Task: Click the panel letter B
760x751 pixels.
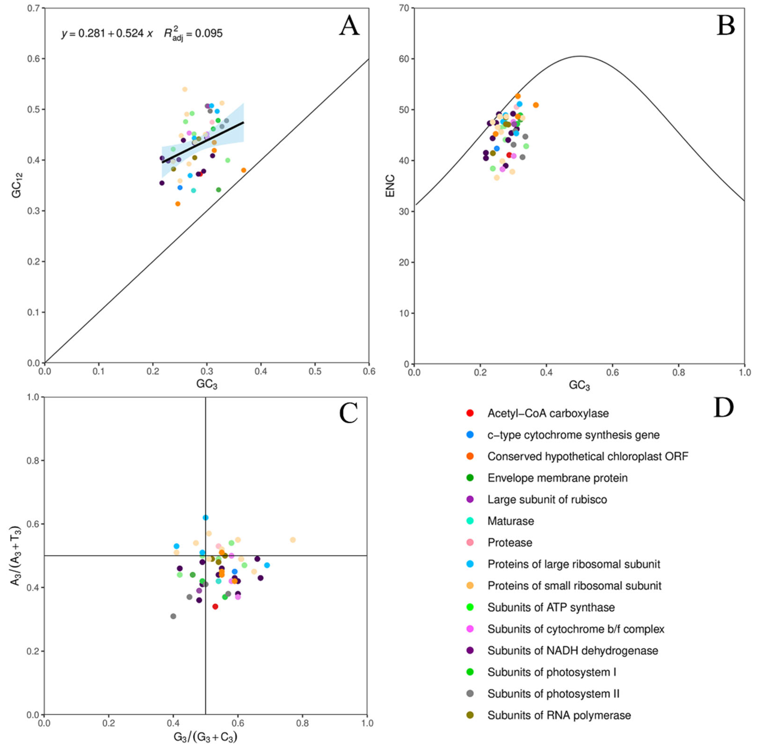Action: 725,26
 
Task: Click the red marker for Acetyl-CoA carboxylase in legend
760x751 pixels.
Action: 470,413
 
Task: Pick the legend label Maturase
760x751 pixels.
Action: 510,521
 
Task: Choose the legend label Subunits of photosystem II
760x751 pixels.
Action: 553,694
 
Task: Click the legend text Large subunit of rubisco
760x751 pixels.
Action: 547,499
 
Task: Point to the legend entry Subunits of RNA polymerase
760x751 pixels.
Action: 559,715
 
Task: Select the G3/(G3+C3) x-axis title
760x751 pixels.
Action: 205,737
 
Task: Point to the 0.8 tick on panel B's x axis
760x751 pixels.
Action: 678,372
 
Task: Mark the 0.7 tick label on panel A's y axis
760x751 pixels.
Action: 33,8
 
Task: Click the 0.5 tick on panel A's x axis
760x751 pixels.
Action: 315,372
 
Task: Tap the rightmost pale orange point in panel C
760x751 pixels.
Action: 293,540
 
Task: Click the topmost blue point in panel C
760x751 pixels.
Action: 205,518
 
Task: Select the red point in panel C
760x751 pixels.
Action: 215,606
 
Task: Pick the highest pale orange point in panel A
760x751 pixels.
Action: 184,89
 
